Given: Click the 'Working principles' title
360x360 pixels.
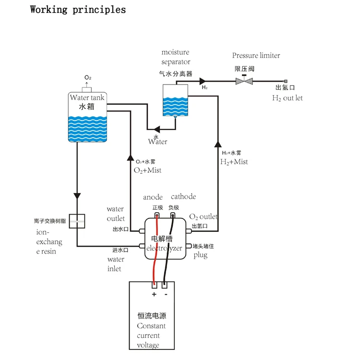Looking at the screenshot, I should point(78,10).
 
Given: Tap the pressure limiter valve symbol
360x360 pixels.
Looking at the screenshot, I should point(244,81).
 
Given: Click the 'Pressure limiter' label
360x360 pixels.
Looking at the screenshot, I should point(256,56).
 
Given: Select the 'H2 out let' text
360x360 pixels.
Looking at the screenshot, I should point(288,98).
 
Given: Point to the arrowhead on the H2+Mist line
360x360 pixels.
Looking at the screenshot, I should point(217,144).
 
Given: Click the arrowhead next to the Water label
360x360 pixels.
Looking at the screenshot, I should point(156,129).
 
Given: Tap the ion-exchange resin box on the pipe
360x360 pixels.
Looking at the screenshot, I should point(77,221).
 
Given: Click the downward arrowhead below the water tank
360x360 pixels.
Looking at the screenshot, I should point(77,196).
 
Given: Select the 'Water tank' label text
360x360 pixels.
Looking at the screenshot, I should point(87,98).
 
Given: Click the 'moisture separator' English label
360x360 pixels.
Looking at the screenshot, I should point(176,57).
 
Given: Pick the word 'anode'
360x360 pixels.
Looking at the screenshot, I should point(153,197).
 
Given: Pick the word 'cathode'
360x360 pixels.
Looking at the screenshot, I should point(183,196).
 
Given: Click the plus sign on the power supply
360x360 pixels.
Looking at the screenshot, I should point(154,294).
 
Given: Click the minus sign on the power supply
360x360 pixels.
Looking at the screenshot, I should point(166,294).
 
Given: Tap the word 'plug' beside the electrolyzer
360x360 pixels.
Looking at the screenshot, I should point(201,255).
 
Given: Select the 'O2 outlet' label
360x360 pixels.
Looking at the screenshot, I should point(204,217).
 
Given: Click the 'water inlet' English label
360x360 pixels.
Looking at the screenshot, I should point(116,264).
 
